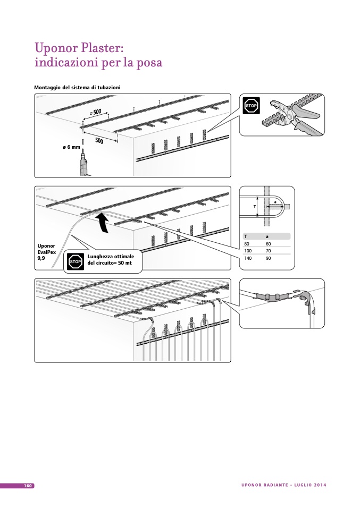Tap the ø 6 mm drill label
pyautogui.click(x=71, y=147)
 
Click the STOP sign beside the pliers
pyautogui.click(x=251, y=106)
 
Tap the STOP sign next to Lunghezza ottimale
pyautogui.click(x=75, y=261)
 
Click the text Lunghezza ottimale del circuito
pyautogui.click(x=111, y=260)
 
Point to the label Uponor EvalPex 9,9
pyautogui.click(x=46, y=252)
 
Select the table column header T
pyautogui.click(x=245, y=236)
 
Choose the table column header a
pyautogui.click(x=267, y=236)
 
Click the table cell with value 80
pyautogui.click(x=247, y=244)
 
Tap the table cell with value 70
pyautogui.click(x=268, y=251)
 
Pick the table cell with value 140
pyautogui.click(x=247, y=258)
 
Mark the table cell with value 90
pyautogui.click(x=268, y=258)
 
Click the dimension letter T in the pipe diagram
pyautogui.click(x=254, y=206)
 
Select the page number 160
pyautogui.click(x=28, y=486)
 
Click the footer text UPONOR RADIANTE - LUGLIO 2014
pyautogui.click(x=283, y=485)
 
